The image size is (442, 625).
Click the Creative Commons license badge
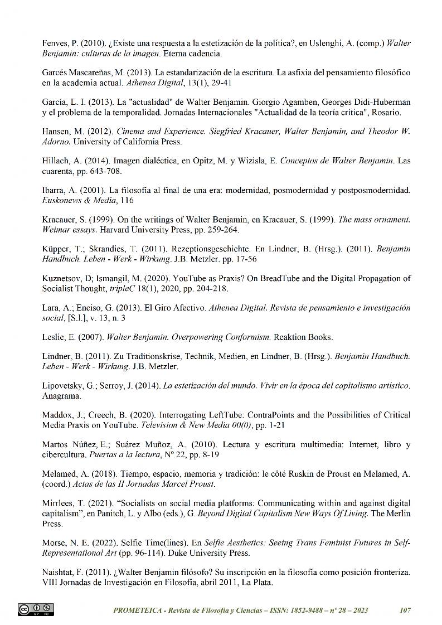(36, 609)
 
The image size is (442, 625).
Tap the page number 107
(405, 610)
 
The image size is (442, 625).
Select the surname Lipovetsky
(64, 386)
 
